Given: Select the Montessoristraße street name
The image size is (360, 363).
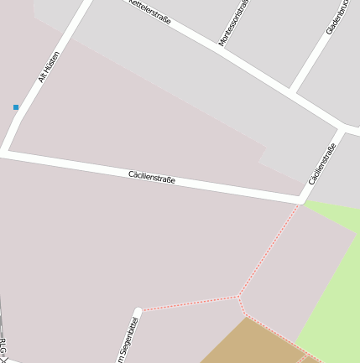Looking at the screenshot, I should [x=234, y=22].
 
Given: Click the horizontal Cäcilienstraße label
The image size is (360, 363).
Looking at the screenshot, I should [x=152, y=177].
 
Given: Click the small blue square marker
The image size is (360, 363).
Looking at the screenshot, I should [x=15, y=107].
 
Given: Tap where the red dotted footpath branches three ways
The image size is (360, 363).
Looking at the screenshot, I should [x=238, y=296].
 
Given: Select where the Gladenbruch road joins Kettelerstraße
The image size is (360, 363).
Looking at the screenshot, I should [x=291, y=88].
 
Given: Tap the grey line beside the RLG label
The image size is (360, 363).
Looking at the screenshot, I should [x=1, y=323].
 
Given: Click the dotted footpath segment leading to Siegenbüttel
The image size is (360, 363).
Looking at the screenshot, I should [x=189, y=303].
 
